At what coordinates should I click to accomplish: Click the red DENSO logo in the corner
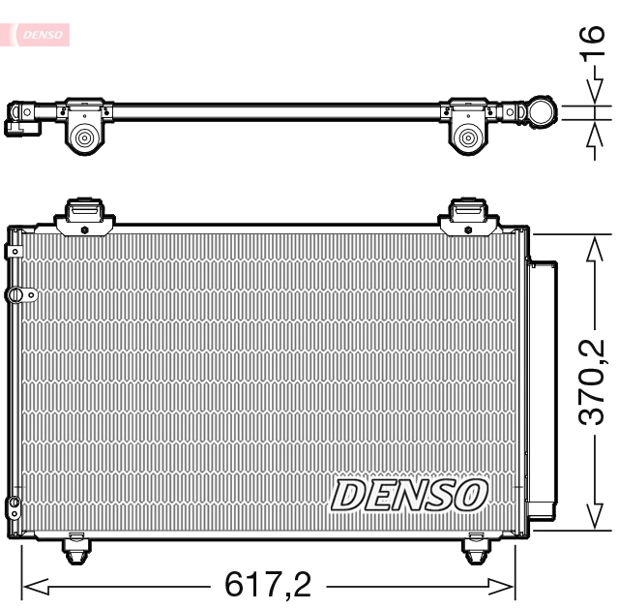tap(39, 35)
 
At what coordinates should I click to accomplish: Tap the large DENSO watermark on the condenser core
tap(407, 495)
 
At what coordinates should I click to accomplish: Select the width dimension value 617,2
tap(268, 585)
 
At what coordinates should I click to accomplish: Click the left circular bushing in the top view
tap(84, 138)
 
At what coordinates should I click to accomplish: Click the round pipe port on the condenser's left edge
tap(15, 293)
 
